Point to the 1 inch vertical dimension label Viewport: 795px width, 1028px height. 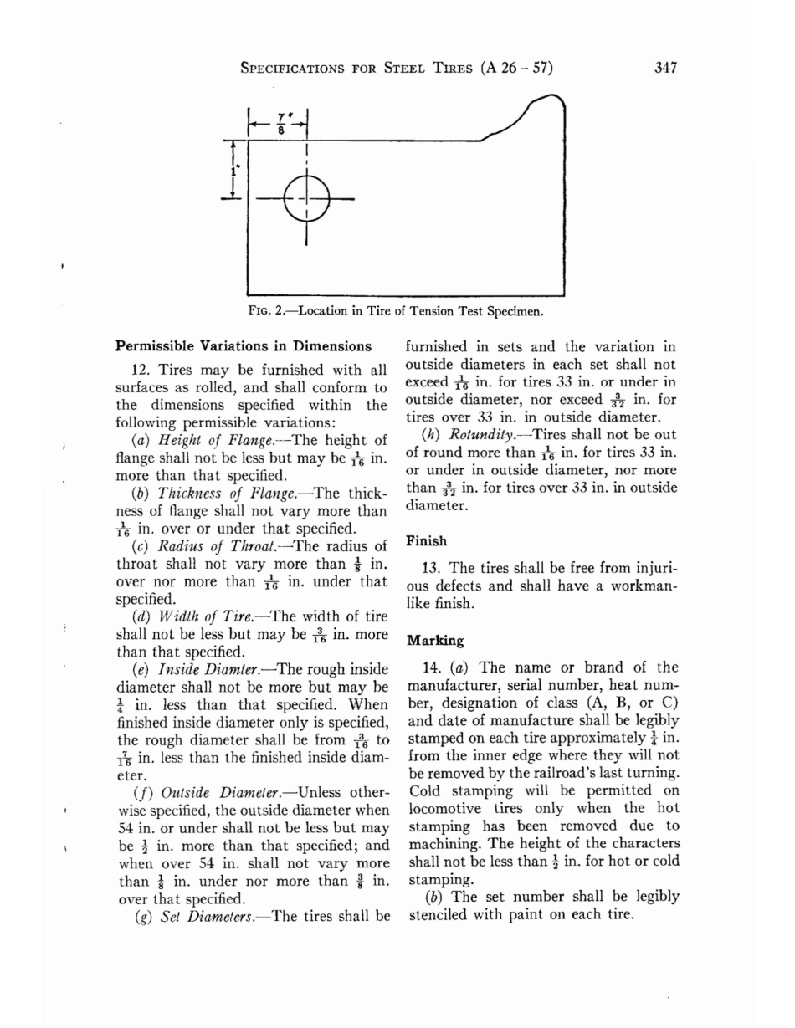point(236,174)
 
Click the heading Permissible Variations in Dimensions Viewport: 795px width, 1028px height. point(243,345)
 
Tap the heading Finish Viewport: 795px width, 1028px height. point(426,541)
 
